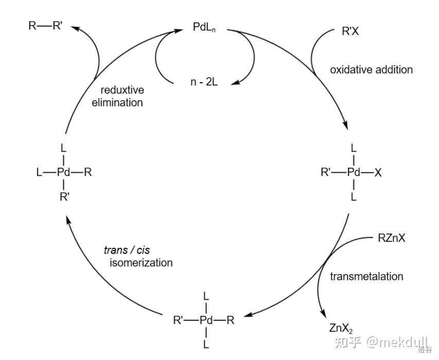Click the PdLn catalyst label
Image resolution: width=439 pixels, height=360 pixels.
click(204, 27)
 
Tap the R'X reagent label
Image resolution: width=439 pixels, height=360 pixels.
click(350, 31)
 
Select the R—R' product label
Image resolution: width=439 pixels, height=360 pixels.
click(45, 25)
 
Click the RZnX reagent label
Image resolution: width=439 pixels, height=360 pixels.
click(392, 238)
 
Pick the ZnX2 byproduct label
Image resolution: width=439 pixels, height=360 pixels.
click(341, 328)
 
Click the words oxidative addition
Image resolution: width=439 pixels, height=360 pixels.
click(371, 69)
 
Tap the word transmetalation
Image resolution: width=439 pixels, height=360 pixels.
click(366, 276)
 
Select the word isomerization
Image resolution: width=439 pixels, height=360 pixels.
click(141, 263)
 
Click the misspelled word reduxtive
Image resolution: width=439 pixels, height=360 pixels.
click(121, 89)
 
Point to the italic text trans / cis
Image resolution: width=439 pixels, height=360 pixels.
click(134, 250)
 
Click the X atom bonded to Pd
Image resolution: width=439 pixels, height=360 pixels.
click(378, 173)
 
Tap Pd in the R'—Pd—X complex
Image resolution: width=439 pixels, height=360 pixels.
click(354, 172)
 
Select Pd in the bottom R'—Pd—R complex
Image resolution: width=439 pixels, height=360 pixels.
click(206, 320)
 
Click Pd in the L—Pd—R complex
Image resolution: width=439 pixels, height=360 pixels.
click(63, 172)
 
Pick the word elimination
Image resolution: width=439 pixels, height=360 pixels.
click(117, 102)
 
